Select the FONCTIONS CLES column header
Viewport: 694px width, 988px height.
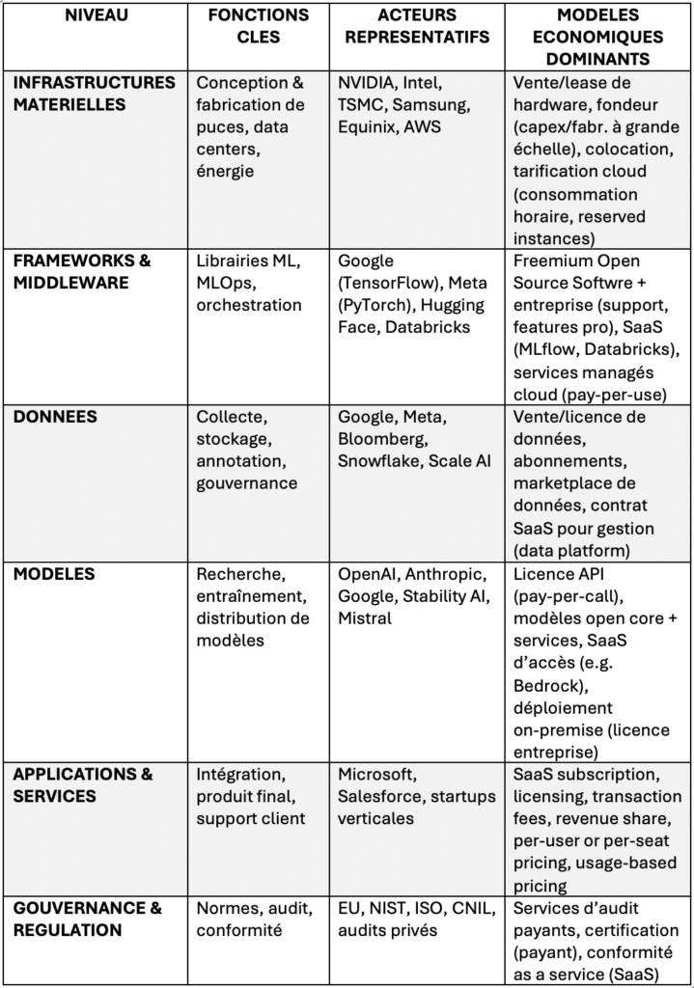pos(259,26)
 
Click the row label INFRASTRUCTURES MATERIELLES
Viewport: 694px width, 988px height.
pos(94,93)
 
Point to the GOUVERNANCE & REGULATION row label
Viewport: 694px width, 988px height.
pos(88,919)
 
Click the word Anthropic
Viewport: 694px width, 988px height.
pos(456,573)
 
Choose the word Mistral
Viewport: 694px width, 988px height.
pos(364,617)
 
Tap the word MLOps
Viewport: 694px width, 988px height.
pos(226,283)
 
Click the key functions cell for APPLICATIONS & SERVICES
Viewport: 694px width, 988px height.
pos(251,796)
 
